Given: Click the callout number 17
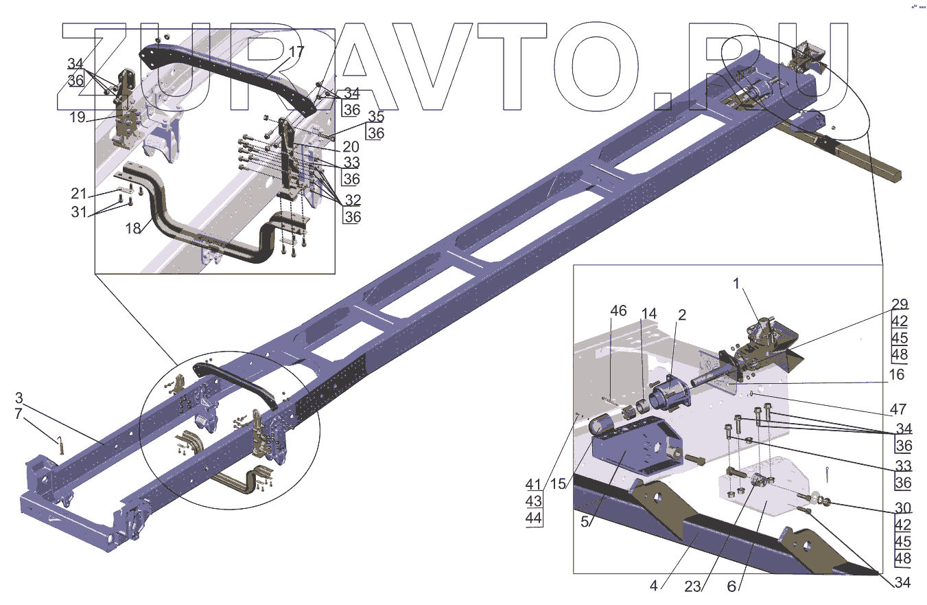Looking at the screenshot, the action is [296, 52].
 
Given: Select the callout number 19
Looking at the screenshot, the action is [77, 117].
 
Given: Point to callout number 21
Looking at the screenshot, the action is [79, 192].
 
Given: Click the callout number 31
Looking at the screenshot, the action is [79, 212].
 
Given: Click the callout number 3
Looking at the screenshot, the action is [19, 398].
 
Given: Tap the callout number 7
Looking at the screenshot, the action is [19, 414].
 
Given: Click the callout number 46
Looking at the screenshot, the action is [618, 311].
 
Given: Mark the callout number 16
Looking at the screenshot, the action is [896, 374].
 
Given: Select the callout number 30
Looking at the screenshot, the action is [903, 508].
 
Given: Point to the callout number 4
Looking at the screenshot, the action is [653, 586].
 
